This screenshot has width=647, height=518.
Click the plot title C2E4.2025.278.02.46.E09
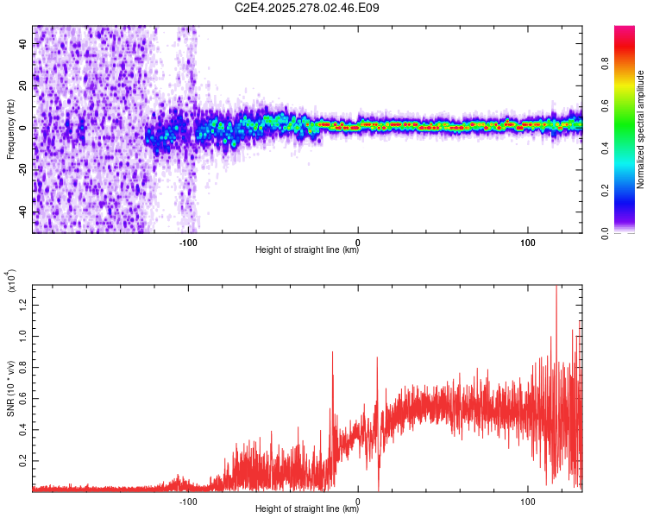coord(307,9)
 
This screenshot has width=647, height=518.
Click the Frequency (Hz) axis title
coord(10,129)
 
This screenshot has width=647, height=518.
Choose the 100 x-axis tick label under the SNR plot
coord(528,500)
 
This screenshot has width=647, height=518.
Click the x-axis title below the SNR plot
coord(307,509)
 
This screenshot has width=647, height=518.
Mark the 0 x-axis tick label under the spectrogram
coord(358,240)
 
